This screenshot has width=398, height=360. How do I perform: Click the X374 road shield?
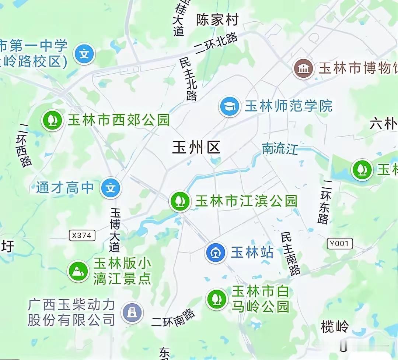[82, 235]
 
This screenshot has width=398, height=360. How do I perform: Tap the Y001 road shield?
[339, 243]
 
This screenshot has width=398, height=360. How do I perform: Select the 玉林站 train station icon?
[216, 253]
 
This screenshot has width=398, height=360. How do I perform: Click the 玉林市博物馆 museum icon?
[304, 68]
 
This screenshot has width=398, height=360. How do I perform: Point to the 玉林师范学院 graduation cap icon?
[230, 106]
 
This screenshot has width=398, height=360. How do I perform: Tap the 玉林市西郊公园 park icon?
[52, 120]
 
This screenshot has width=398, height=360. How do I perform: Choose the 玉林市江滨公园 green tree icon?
[180, 201]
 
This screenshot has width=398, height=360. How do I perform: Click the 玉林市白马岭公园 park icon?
[217, 299]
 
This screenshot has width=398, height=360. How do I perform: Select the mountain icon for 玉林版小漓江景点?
[78, 271]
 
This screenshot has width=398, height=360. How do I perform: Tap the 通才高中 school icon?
[111, 188]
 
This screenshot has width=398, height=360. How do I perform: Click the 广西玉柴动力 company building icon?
[132, 313]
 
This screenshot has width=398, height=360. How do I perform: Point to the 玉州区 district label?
[196, 148]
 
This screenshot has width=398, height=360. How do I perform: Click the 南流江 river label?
[280, 148]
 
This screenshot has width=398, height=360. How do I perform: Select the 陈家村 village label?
[217, 20]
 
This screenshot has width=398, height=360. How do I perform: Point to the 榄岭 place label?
[335, 326]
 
